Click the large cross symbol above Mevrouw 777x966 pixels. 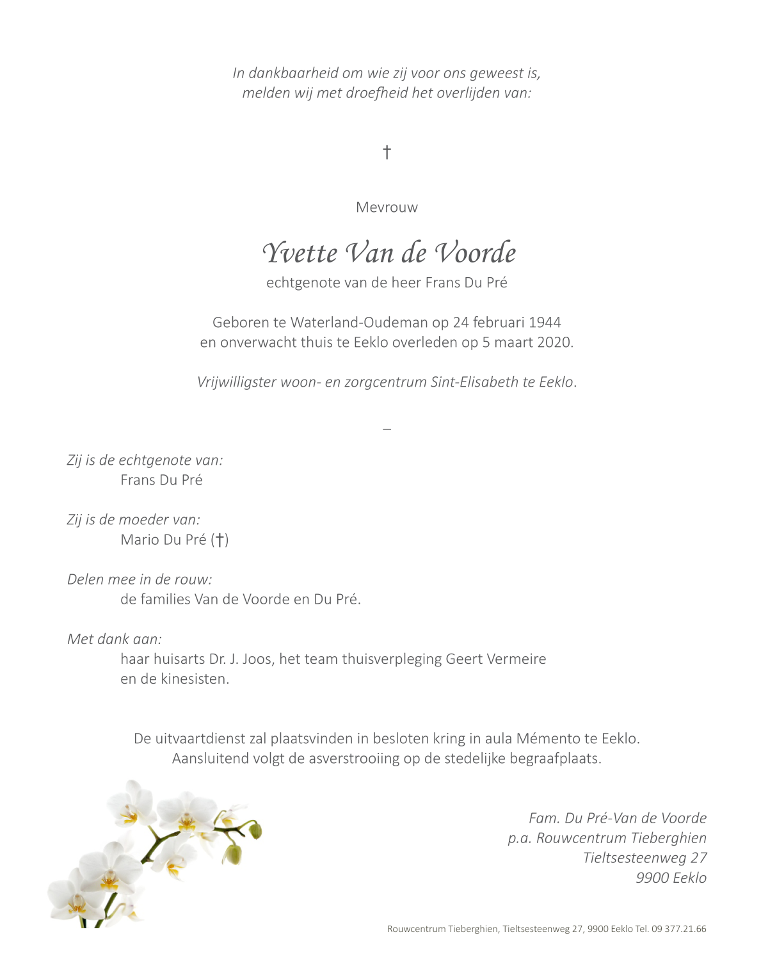tap(387, 152)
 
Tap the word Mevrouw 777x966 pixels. tap(387, 207)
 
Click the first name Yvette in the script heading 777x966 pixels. tap(300, 253)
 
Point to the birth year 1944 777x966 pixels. tap(545, 323)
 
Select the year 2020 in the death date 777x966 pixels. tap(554, 342)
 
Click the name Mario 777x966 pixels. tap(140, 540)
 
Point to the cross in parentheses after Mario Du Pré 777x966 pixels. tap(220, 540)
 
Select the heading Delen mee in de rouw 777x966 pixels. tap(140, 579)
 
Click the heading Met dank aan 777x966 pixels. tap(115, 639)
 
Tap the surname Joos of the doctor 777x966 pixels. tap(257, 659)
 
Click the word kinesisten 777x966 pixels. tap(193, 679)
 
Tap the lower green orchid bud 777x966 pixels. tap(234, 854)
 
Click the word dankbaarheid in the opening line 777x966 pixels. tap(292, 73)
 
